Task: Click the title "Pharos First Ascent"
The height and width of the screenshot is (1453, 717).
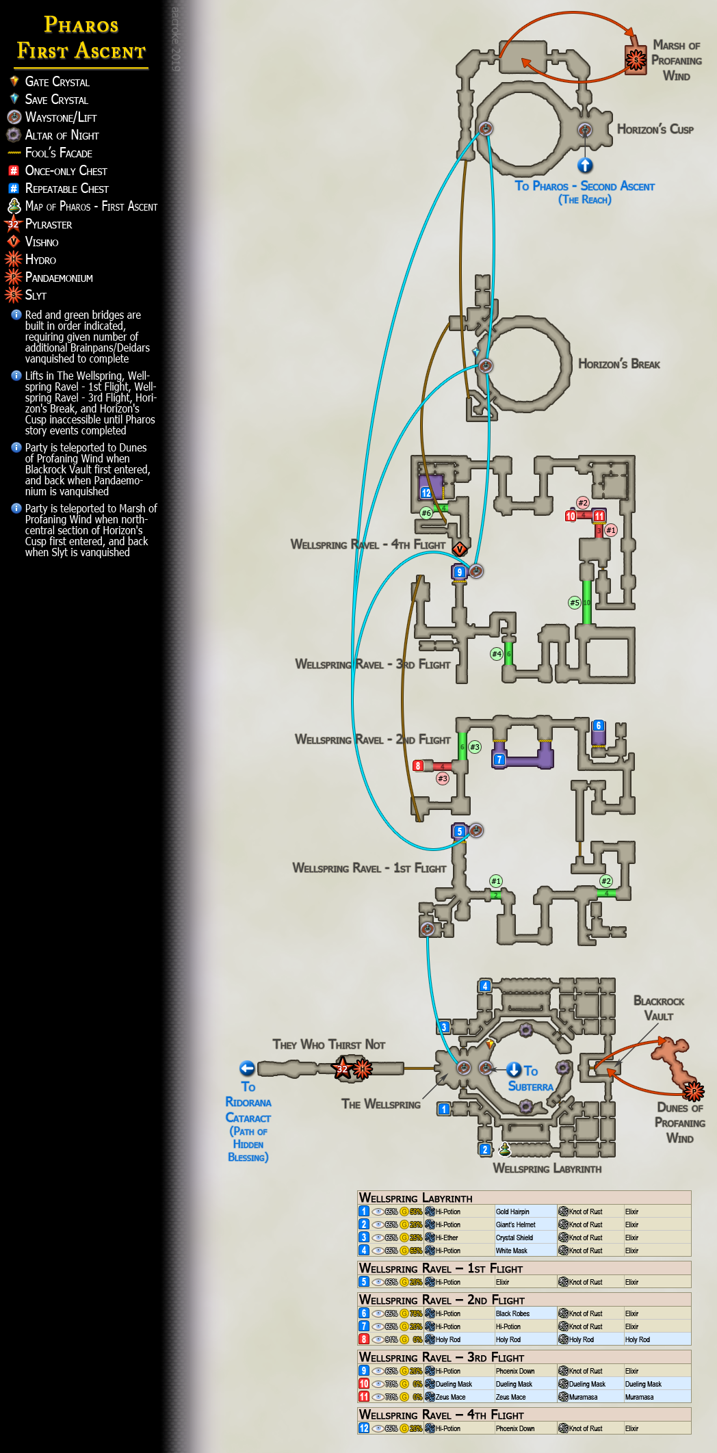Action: (x=81, y=38)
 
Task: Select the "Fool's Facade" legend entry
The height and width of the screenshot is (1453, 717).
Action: (x=58, y=153)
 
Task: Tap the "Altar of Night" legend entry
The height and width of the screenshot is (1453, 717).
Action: (x=62, y=135)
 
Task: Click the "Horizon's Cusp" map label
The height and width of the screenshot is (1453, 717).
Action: (x=655, y=129)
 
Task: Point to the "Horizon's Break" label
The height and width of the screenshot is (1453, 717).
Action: (x=618, y=364)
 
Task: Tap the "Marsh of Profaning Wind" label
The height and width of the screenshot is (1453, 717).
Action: (x=676, y=60)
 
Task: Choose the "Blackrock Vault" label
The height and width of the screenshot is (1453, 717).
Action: (x=658, y=1008)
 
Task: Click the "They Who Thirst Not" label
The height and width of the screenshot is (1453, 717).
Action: (x=328, y=1045)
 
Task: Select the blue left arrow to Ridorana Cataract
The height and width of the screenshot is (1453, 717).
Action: (x=247, y=1069)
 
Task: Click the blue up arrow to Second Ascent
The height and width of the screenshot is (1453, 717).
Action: (x=584, y=165)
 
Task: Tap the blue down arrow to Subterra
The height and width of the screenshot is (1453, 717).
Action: (x=514, y=1070)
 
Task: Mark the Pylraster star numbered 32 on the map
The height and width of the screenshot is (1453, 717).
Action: (x=342, y=1068)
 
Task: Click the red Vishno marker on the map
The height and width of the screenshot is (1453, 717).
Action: (x=460, y=549)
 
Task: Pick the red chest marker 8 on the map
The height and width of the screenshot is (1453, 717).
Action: (x=418, y=765)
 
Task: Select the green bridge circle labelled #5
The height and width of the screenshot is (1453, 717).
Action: (x=575, y=603)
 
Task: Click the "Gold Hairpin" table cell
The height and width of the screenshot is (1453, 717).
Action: (x=512, y=1212)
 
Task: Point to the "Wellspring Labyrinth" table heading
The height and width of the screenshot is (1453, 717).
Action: (x=415, y=1198)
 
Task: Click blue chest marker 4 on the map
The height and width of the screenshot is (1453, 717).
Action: (x=485, y=986)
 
